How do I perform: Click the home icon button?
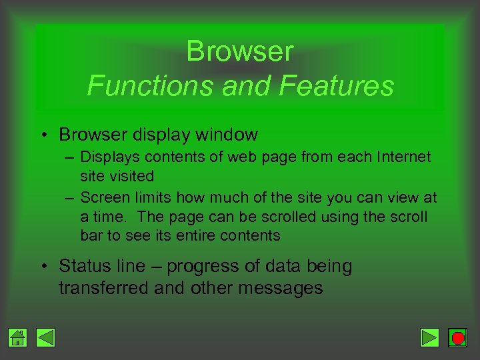19,338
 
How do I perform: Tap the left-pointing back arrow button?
46,338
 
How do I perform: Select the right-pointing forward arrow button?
430,338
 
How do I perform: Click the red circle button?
457,338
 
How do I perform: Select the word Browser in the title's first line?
239,51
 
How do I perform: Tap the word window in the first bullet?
227,135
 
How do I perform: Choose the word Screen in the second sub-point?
103,198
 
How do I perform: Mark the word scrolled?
289,217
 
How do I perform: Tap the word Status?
83,267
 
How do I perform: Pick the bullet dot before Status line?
43,267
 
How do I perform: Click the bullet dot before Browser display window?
43,135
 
